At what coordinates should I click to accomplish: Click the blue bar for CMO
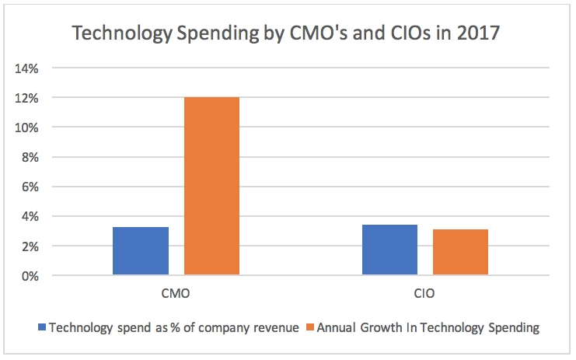(x=141, y=250)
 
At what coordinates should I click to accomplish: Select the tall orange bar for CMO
(x=211, y=186)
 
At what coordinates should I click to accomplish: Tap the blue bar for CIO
(x=389, y=250)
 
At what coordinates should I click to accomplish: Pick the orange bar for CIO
(x=460, y=252)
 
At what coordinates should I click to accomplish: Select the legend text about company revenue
(x=173, y=328)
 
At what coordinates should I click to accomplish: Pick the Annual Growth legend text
(x=428, y=328)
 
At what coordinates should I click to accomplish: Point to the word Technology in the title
(x=121, y=35)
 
